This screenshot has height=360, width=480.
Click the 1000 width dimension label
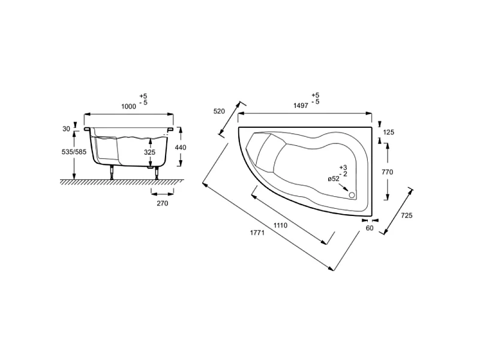coord(128,106)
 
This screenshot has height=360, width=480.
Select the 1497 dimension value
coord(301,106)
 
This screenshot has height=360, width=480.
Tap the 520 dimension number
coord(219,112)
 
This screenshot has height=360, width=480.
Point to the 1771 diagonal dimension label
coord(257,233)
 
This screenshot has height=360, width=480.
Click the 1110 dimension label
coord(280,226)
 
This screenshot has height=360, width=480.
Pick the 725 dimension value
coord(407,215)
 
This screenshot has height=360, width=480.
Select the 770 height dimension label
coord(387,172)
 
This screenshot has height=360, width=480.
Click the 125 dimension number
coord(388,132)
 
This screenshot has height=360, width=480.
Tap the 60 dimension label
coord(370,228)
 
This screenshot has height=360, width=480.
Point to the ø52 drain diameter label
coord(334,179)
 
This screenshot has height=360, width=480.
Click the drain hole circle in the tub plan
coord(352,194)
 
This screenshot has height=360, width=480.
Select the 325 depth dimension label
coord(149,152)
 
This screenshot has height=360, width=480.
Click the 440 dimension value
coord(181,148)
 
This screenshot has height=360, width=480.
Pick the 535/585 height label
coord(74,152)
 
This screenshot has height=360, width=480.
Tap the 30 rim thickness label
coord(66,129)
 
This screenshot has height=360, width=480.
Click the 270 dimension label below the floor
coord(163,203)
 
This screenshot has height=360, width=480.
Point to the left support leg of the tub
coord(112,172)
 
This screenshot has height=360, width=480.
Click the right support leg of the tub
coord(157,173)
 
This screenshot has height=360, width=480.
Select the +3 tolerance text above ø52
coord(343,167)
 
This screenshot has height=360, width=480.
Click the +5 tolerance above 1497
coord(316,95)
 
